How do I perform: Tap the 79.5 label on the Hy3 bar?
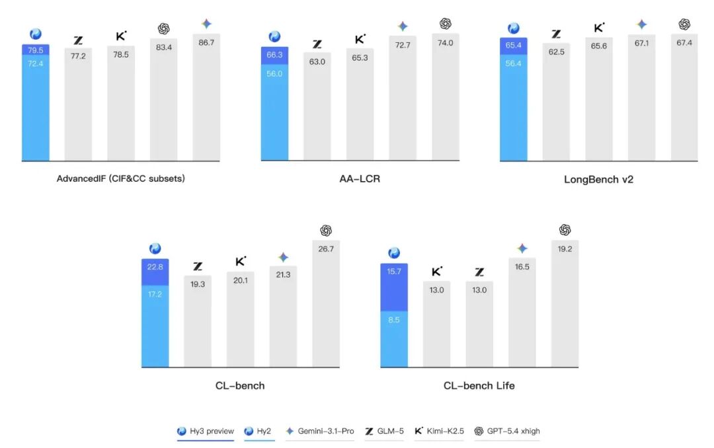(36, 50)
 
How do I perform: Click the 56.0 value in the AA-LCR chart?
(275, 74)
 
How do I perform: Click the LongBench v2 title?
(598, 179)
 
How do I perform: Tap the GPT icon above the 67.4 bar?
(684, 24)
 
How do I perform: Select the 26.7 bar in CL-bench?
(326, 304)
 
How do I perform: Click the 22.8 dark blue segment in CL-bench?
(155, 272)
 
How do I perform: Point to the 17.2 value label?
(155, 294)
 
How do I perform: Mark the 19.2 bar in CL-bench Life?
(565, 304)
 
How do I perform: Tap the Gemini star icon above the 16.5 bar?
(522, 248)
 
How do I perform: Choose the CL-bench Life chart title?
(479, 385)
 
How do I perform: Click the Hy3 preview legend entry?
(206, 431)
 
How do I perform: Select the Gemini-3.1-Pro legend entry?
(320, 431)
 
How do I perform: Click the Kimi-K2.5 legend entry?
(439, 431)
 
